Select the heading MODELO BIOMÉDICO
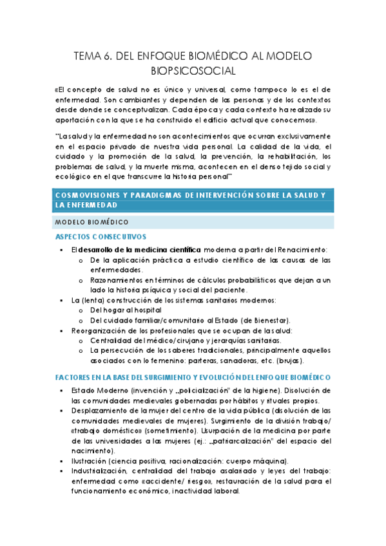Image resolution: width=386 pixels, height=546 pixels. coord(91,221)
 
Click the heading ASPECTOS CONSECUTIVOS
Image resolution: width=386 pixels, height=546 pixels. coord(101,236)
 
